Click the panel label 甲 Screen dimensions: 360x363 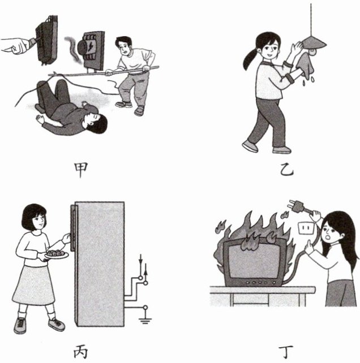(x=80, y=170)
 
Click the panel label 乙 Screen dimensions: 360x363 (x=287, y=171)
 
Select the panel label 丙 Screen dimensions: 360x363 (x=80, y=352)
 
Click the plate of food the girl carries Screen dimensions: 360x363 (x=57, y=254)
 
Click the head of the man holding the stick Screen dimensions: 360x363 (x=123, y=45)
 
